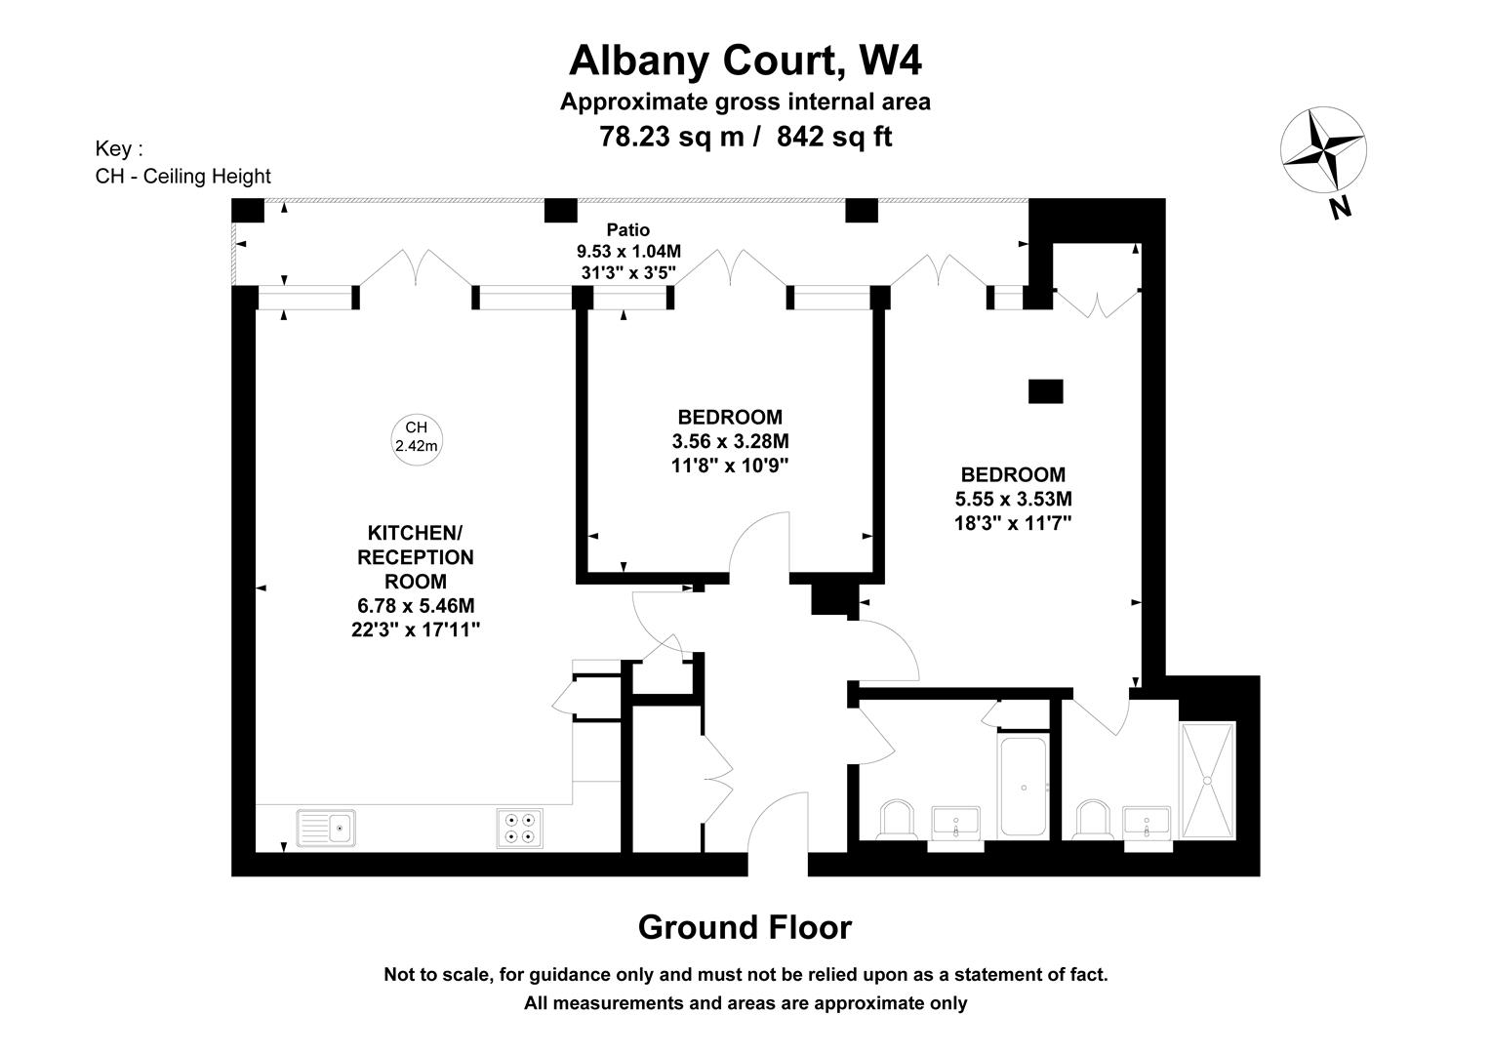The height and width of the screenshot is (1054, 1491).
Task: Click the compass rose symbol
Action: [1323, 150]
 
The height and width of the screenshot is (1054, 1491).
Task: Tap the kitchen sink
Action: [326, 828]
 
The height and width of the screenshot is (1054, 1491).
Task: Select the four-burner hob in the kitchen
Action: [519, 829]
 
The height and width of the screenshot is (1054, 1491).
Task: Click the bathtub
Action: [1023, 786]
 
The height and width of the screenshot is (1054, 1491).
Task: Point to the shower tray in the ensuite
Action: [1208, 781]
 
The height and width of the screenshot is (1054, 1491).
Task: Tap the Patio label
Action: [627, 229]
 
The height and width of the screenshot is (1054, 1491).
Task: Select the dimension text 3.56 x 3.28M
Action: [730, 441]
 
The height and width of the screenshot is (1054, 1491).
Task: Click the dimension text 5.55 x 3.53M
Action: [1013, 499]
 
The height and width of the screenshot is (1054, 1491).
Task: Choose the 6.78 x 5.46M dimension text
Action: [416, 606]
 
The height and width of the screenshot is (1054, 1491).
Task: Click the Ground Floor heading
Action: [745, 927]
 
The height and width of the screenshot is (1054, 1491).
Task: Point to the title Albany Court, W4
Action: [745, 61]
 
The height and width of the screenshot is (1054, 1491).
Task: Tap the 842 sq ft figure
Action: [834, 137]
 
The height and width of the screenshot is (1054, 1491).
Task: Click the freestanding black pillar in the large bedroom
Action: [1045, 391]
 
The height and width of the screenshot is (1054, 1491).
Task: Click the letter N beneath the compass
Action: [1340, 209]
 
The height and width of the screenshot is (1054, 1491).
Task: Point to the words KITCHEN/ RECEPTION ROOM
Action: [416, 557]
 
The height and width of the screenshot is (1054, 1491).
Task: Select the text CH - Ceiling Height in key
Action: [183, 177]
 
